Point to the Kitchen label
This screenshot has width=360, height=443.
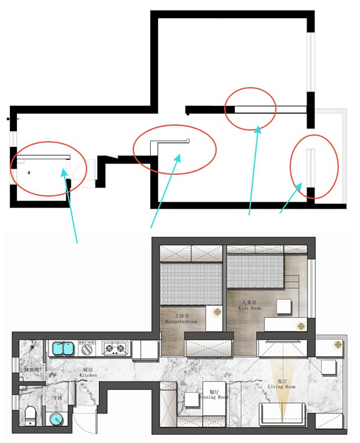[x=89, y=373]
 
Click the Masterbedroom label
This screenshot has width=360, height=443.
[x=181, y=319]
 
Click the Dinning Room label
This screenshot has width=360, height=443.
[x=214, y=395]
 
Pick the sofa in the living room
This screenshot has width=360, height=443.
[x=282, y=413]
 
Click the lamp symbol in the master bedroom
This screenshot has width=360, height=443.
[x=217, y=312]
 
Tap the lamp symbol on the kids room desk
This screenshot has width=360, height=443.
[x=301, y=325]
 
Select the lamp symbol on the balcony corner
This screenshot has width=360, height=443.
[x=338, y=344]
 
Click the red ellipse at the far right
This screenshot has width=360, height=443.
[x=315, y=166]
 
